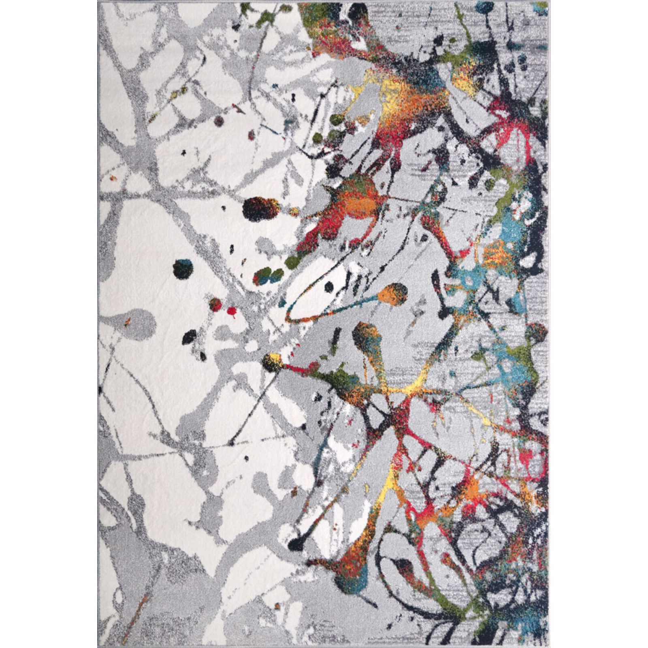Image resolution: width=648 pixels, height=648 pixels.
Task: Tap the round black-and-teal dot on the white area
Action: click(x=183, y=269)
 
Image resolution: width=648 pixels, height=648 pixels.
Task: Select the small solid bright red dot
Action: click(x=232, y=311)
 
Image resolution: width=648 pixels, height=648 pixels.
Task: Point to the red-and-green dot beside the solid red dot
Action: click(x=215, y=305)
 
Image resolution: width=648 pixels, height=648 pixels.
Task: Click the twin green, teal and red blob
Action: click(x=268, y=276)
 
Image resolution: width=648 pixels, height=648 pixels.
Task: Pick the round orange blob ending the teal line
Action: click(x=393, y=293)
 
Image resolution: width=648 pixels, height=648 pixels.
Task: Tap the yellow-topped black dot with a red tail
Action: click(x=272, y=362)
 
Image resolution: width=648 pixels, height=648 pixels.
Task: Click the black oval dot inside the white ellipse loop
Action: click(x=329, y=287)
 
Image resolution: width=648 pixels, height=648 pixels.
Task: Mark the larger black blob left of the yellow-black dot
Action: click(x=189, y=337)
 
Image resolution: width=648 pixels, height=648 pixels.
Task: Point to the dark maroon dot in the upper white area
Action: click(x=219, y=121)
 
